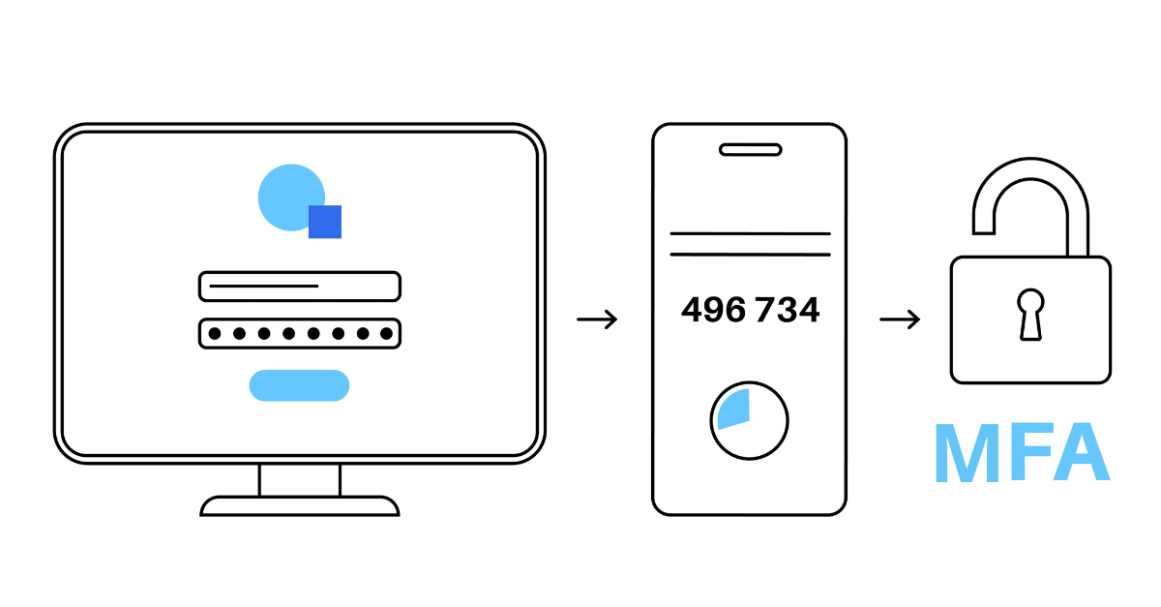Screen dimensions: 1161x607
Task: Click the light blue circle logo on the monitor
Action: (287, 194)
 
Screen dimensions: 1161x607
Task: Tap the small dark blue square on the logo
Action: (325, 222)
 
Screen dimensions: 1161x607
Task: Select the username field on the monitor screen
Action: (299, 287)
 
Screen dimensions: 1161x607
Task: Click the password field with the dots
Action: (299, 333)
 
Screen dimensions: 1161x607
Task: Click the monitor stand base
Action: (299, 506)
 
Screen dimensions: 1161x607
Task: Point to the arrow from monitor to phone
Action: (597, 319)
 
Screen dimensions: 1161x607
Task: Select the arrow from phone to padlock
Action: (899, 319)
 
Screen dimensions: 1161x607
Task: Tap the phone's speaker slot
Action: (750, 150)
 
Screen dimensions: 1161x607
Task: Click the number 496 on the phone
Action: (713, 310)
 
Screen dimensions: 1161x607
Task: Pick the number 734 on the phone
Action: (787, 310)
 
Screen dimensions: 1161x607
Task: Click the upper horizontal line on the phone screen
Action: (750, 233)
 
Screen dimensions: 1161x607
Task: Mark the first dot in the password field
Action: (214, 333)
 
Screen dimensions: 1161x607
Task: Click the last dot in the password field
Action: (386, 333)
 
